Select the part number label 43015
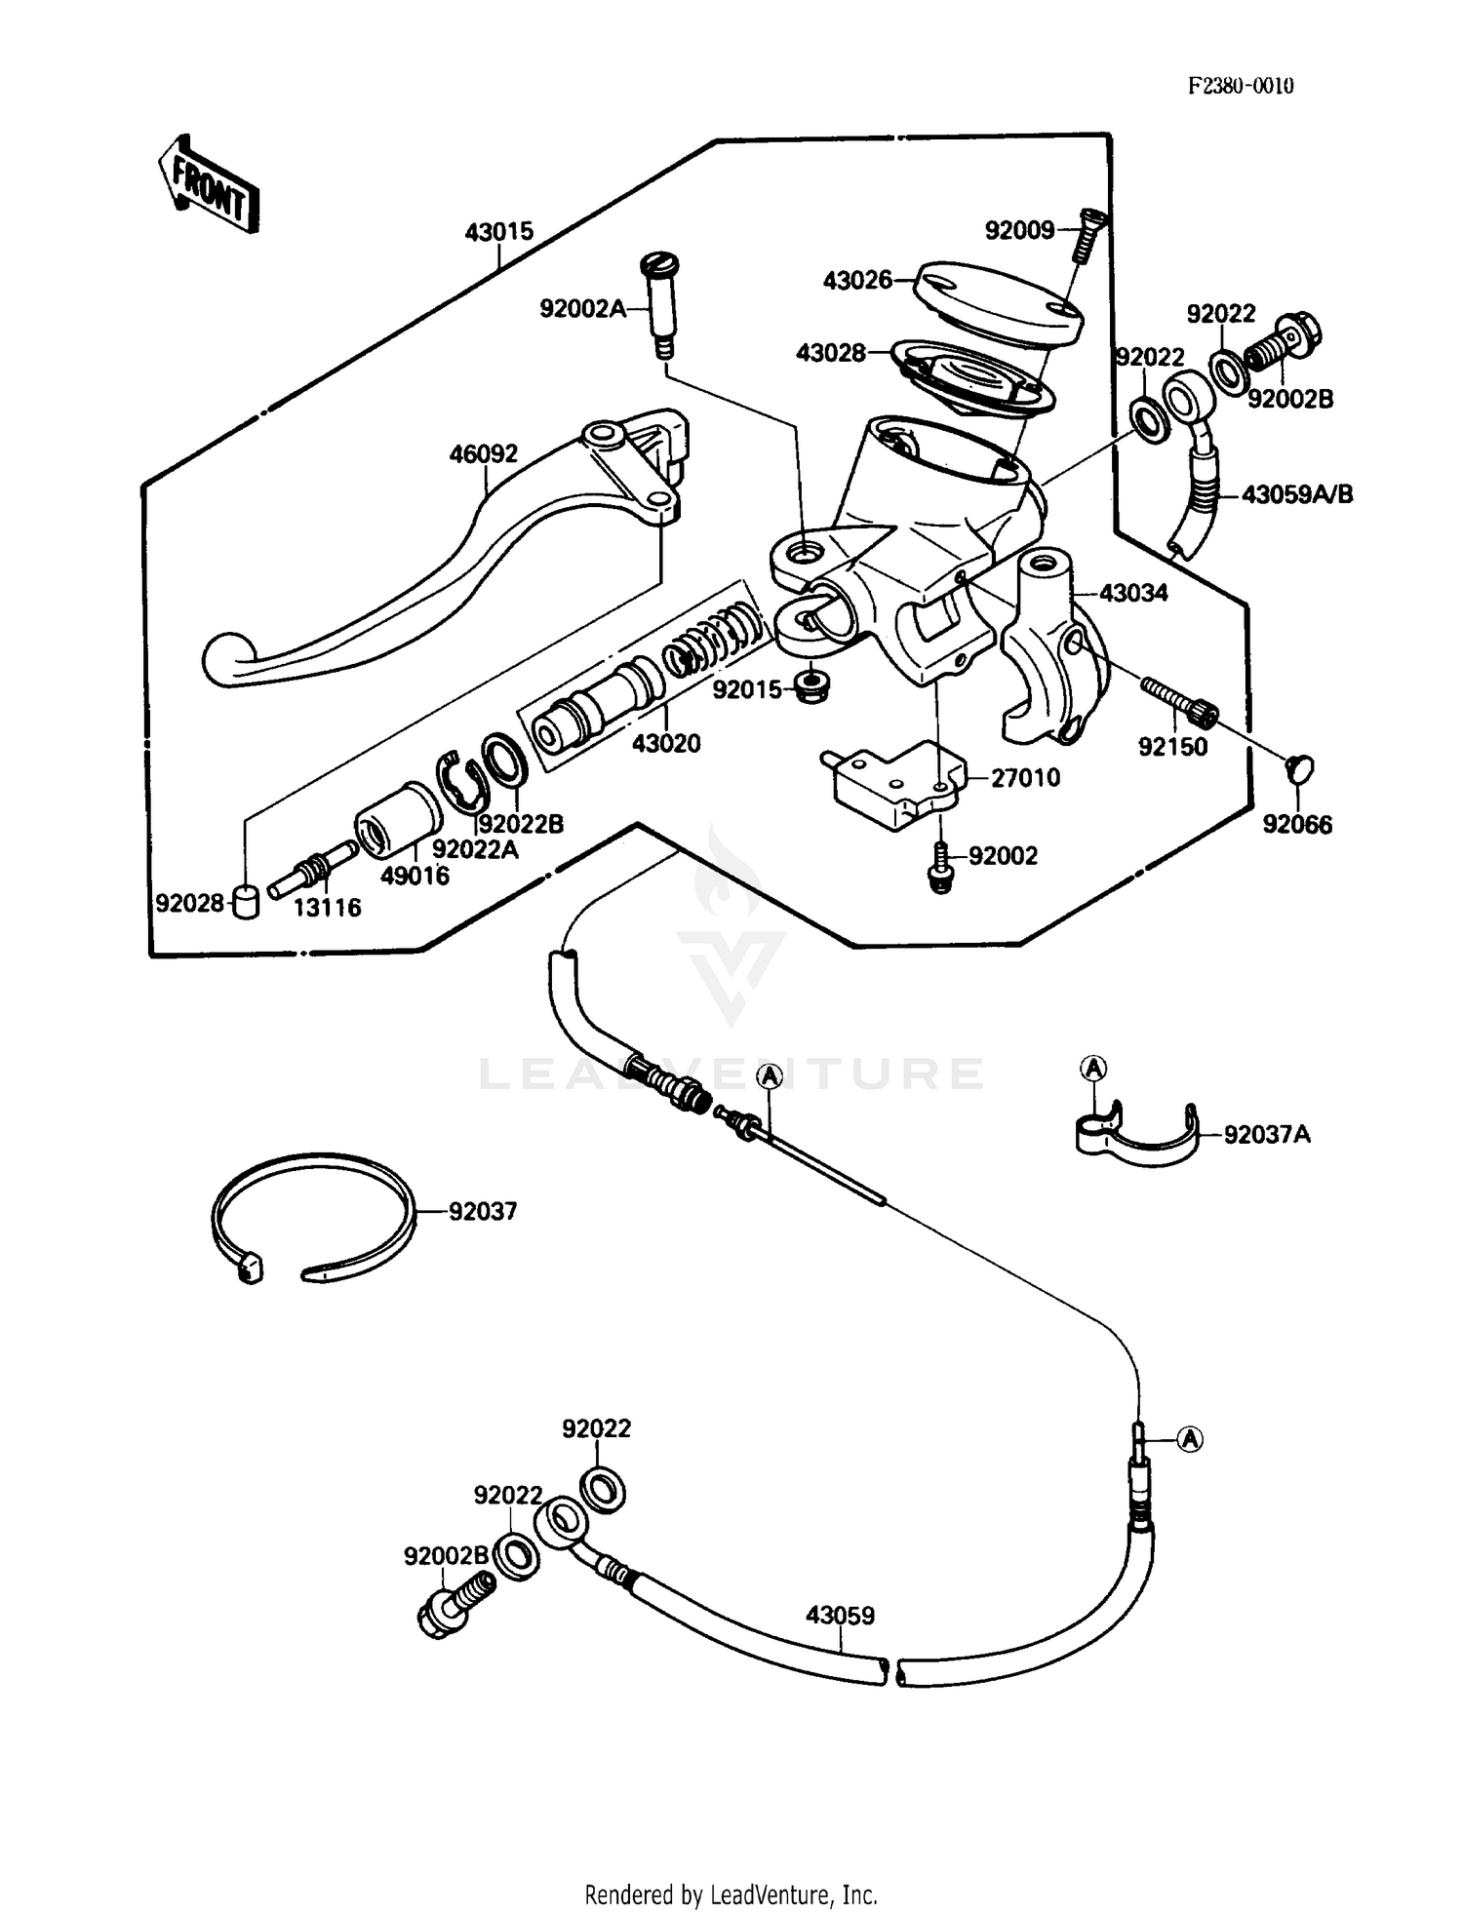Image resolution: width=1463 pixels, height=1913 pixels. pos(498,232)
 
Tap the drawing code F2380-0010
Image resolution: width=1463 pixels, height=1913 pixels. pos(1241,86)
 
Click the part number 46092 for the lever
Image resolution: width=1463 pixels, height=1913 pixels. pos(483,454)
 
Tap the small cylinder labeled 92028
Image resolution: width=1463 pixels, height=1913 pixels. pos(247,902)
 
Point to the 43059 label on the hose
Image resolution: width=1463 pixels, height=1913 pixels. pos(840,1616)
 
